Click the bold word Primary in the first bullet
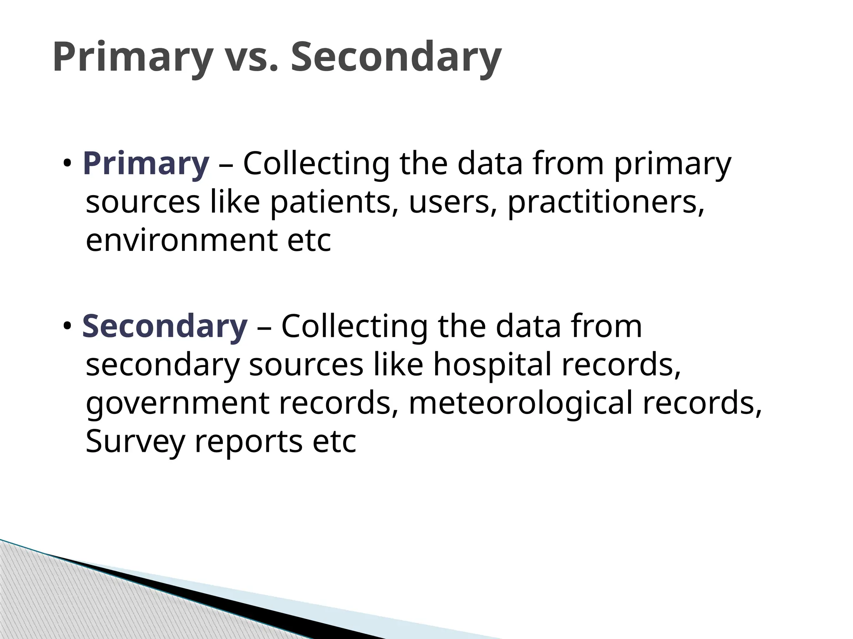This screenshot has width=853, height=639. click(x=146, y=164)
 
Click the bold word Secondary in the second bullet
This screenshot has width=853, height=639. click(x=165, y=327)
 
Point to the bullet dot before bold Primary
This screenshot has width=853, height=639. click(x=67, y=164)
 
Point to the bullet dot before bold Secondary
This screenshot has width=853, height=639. click(x=67, y=326)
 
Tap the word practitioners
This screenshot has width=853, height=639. click(x=606, y=203)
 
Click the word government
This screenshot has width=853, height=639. click(x=177, y=403)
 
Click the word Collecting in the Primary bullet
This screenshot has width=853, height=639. click(x=316, y=164)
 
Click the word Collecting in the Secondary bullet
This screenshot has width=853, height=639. click(x=354, y=327)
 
